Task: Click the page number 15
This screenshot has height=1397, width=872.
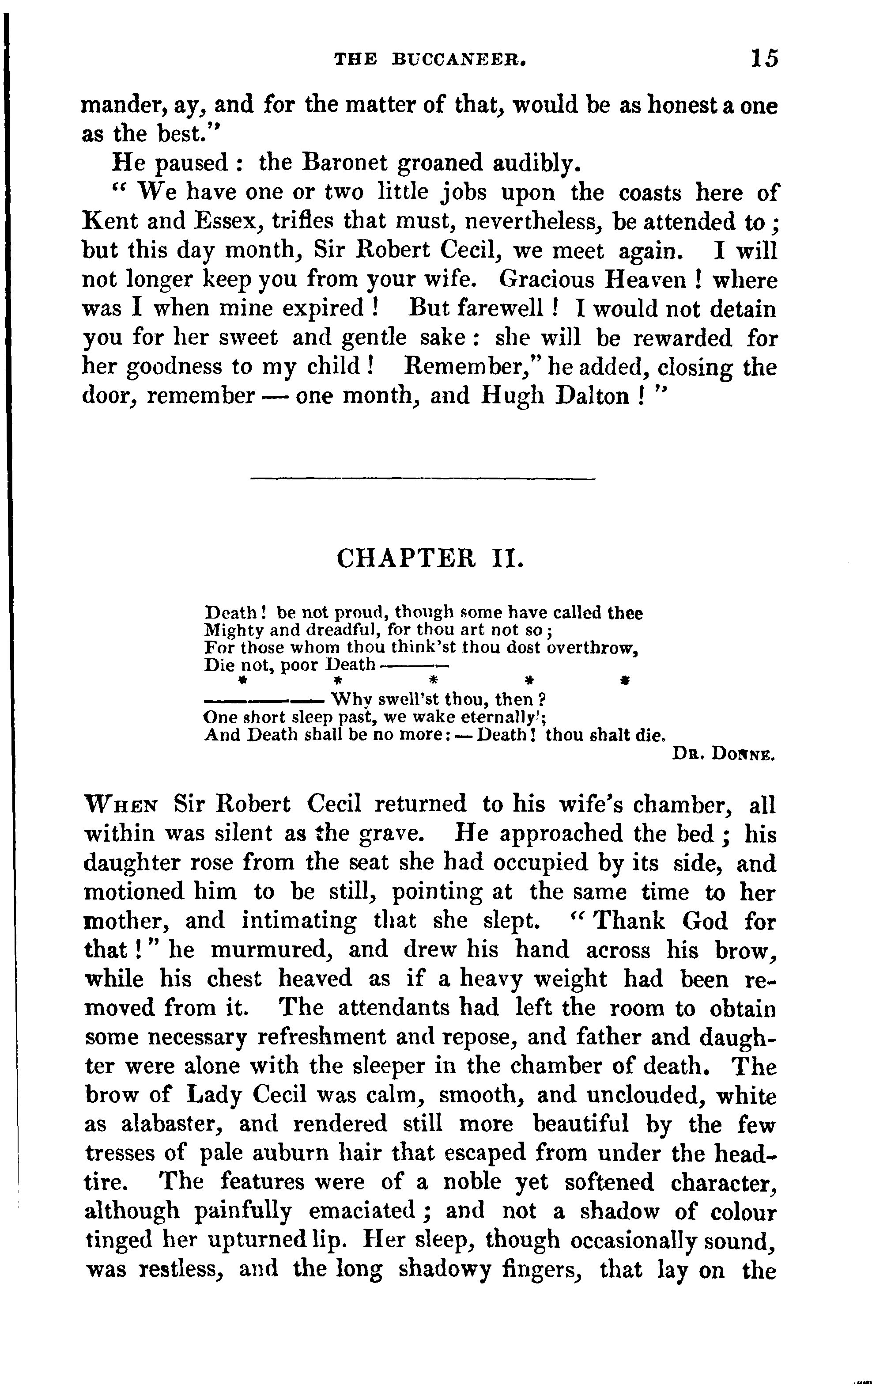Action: pyautogui.click(x=764, y=59)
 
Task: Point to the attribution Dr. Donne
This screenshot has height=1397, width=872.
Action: pyautogui.click(x=724, y=753)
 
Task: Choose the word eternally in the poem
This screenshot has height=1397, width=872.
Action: pyautogui.click(x=483, y=718)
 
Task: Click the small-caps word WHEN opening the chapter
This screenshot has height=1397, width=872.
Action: pyautogui.click(x=120, y=805)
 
